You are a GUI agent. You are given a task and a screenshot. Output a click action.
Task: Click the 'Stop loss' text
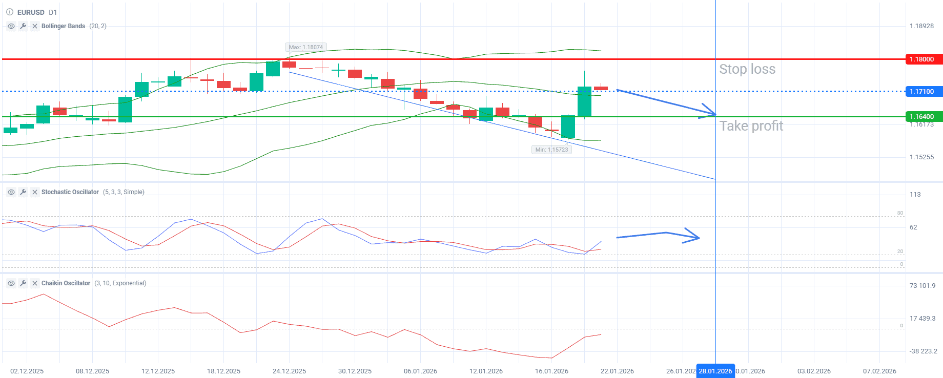(747, 69)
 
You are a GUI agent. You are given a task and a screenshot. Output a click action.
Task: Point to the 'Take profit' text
(751, 126)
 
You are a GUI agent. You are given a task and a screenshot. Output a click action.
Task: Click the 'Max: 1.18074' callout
(306, 47)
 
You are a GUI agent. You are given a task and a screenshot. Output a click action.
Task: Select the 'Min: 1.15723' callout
(551, 150)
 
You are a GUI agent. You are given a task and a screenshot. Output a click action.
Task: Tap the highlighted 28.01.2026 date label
(715, 371)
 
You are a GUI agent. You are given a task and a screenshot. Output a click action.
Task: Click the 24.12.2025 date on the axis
(289, 371)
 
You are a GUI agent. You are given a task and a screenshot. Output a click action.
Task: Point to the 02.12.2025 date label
(27, 371)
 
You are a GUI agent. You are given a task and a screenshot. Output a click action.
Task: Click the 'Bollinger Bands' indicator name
(63, 26)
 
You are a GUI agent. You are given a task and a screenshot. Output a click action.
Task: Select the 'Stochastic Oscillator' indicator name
(70, 192)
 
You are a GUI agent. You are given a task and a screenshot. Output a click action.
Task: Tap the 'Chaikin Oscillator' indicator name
(66, 283)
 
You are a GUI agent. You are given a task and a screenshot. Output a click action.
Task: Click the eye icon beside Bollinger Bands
(11, 26)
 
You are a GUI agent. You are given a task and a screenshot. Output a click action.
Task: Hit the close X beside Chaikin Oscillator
(35, 283)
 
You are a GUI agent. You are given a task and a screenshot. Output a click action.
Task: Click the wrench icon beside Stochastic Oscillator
(23, 192)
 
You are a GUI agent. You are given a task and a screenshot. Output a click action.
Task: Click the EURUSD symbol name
(31, 12)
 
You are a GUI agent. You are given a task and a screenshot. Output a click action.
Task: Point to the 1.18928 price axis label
(921, 26)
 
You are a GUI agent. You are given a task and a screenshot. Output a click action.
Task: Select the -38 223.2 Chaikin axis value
(923, 351)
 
